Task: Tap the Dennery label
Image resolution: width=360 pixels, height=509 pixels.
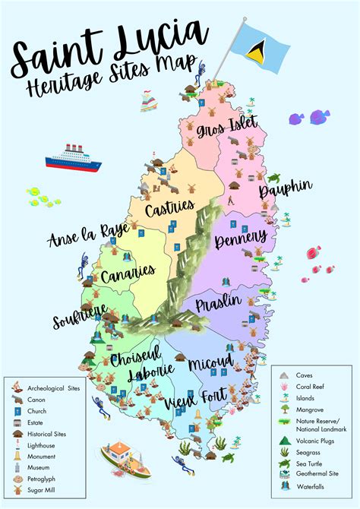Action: coord(241,241)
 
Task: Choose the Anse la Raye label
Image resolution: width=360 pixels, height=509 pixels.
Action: coord(83,233)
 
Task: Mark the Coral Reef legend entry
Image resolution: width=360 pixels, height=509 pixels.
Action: coord(311,387)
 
